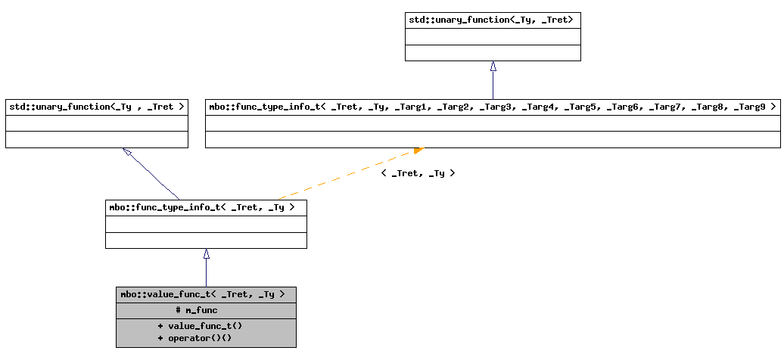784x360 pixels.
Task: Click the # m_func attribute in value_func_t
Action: click(196, 310)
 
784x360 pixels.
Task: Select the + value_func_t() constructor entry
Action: click(200, 325)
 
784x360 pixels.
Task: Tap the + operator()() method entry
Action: click(194, 338)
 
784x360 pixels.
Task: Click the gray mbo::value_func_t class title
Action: click(203, 294)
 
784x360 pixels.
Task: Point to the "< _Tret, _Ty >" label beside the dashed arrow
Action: click(418, 173)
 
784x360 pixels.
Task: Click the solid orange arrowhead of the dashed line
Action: click(418, 151)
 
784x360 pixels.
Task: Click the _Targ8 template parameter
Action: click(702, 107)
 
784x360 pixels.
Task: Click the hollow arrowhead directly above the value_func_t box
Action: click(206, 254)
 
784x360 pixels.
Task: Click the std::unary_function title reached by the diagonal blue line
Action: click(96, 107)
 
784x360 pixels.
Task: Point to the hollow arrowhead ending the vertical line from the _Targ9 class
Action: click(493, 66)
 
